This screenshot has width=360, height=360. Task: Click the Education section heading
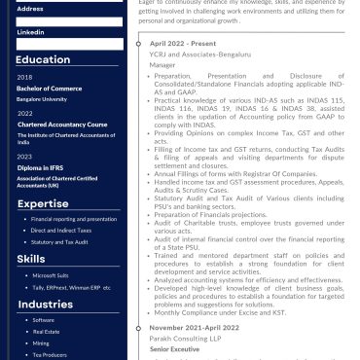point(42,59)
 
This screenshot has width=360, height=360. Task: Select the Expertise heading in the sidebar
point(42,203)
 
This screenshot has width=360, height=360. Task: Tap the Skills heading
point(30,259)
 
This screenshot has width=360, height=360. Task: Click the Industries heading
point(46,305)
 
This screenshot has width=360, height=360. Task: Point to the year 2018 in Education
point(24,77)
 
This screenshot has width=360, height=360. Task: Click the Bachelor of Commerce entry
point(49,89)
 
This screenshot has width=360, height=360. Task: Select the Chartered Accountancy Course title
point(61,125)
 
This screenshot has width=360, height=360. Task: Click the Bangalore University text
point(42,98)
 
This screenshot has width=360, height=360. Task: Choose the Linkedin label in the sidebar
point(30,32)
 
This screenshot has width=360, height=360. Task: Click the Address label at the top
point(29,8)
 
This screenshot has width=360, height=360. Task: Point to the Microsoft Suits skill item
point(51,275)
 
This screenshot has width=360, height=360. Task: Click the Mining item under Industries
point(42,343)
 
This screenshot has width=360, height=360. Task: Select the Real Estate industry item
point(46,332)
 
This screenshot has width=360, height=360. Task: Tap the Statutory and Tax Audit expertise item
point(60,242)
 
